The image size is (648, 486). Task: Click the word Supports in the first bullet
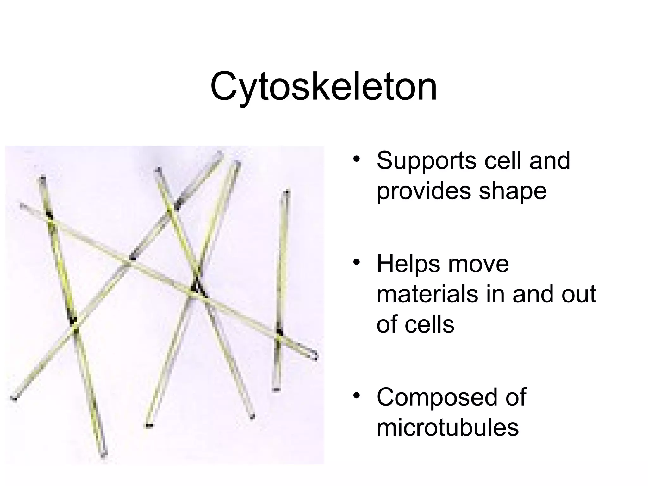[x=426, y=161]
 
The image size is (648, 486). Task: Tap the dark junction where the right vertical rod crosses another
[x=279, y=332]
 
